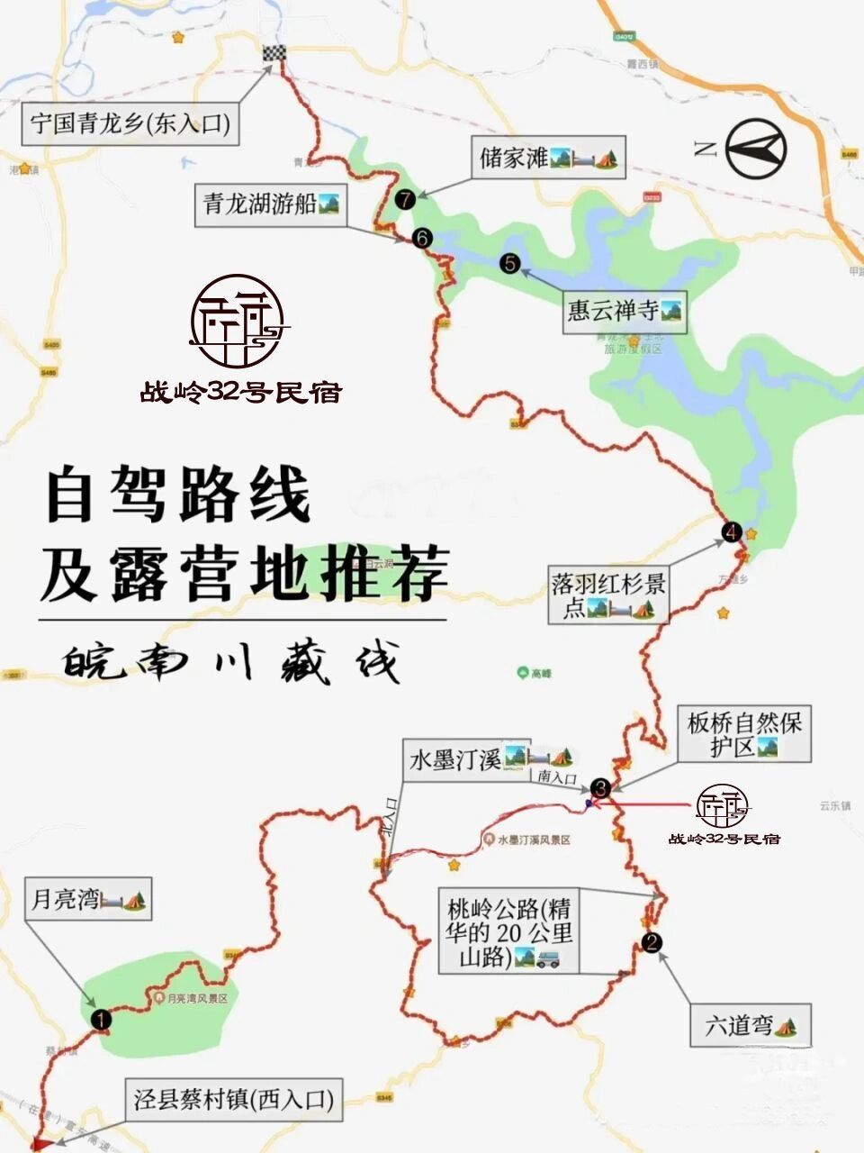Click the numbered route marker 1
tap(101, 1020)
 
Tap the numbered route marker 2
tap(652, 943)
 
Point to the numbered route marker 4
tap(732, 531)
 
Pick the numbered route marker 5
tap(510, 263)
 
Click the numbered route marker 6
tap(420, 238)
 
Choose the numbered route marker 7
tap(406, 199)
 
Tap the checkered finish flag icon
tap(274, 53)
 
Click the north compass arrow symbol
tap(756, 148)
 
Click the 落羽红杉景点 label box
tap(608, 595)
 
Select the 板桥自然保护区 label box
tap(744, 733)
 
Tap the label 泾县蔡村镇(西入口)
tap(233, 1100)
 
